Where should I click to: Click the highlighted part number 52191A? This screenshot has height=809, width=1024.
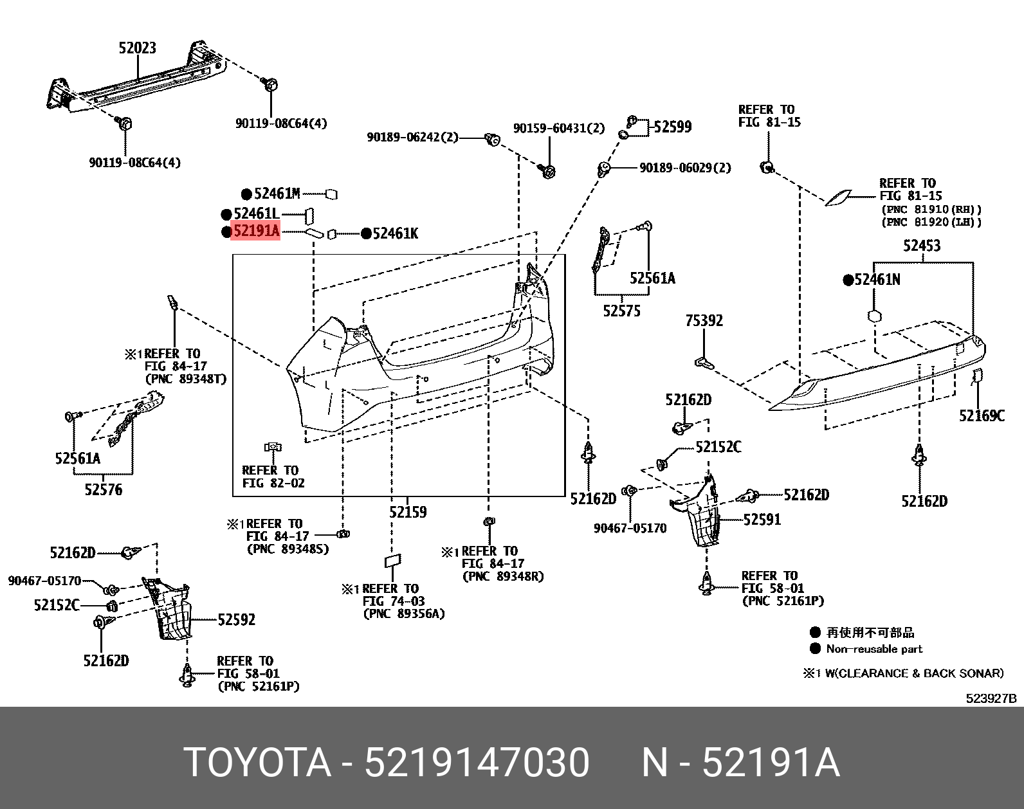pos(255,232)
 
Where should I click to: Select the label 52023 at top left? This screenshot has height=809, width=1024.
pos(137,48)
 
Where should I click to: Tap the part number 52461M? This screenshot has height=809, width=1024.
pos(277,194)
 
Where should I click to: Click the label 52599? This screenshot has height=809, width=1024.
pos(673,127)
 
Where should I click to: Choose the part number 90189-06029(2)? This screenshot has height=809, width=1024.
pos(685,168)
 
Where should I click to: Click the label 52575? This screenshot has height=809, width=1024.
pos(621,311)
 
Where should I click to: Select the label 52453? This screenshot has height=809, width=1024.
pos(921,246)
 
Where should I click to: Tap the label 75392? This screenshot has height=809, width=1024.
pos(704,320)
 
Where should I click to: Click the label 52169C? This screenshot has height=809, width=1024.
pos(982,416)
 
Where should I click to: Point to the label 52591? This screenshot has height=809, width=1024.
pos(762,519)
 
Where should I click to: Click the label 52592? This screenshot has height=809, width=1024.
pos(236,619)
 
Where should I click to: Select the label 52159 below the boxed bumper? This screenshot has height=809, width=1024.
pos(407,513)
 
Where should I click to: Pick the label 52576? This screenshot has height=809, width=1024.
pos(103,490)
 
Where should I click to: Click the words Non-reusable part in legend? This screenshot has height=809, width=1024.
pos(874,649)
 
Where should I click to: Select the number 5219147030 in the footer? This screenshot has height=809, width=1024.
pos(477,763)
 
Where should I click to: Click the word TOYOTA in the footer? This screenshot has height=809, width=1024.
pos(257,763)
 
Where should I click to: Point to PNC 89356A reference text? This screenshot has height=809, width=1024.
pos(403,614)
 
